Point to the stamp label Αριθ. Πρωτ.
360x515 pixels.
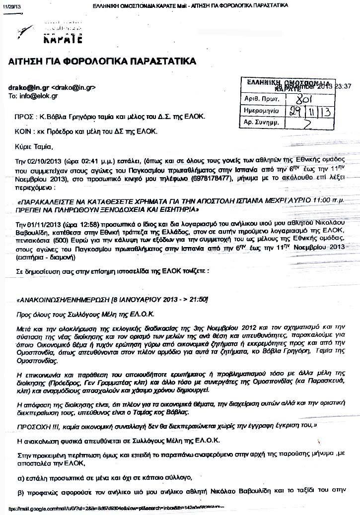tap(259, 99)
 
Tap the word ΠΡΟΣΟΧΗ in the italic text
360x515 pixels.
tap(34, 426)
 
